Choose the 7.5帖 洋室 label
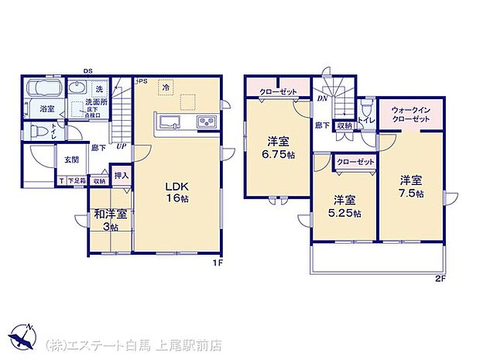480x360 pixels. coord(411,187)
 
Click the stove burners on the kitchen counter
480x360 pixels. coord(207,122)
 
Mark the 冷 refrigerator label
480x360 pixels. coord(166,90)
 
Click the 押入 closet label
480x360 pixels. coord(122,177)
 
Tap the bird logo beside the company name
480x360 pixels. coord(23,339)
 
